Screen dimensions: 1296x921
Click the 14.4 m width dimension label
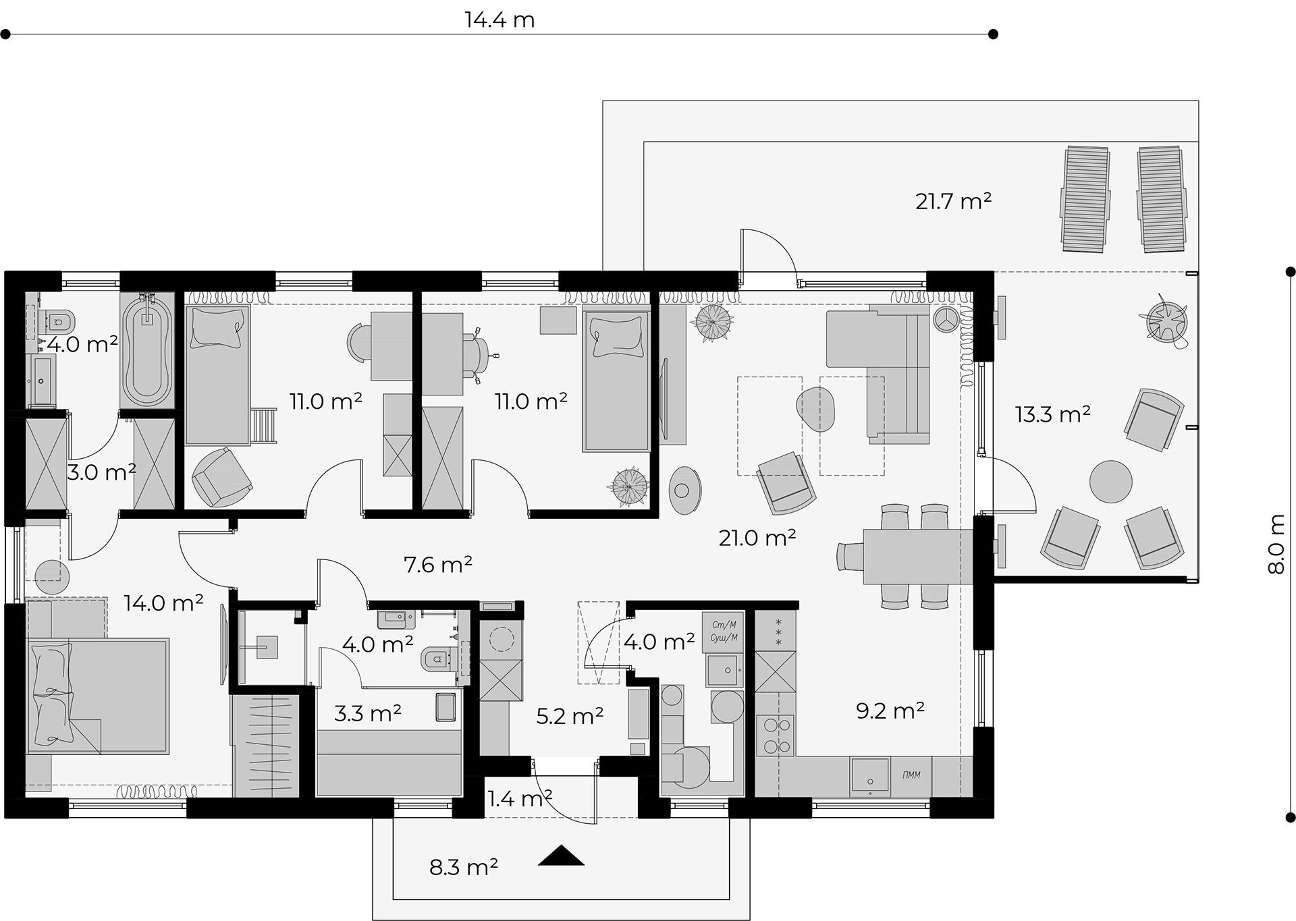(x=500, y=20)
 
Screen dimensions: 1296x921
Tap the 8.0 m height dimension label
(x=1276, y=545)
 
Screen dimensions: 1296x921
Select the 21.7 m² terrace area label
(x=953, y=201)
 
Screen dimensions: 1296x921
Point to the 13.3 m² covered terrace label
(x=1052, y=414)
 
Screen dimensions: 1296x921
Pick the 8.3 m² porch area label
(x=464, y=866)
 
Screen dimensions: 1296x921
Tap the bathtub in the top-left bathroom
(x=147, y=350)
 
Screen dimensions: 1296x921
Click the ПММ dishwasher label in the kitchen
(x=911, y=775)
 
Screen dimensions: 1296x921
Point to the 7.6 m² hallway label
(x=437, y=564)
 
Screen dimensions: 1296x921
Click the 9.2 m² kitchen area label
(x=890, y=710)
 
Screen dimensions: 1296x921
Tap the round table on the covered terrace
(x=1111, y=481)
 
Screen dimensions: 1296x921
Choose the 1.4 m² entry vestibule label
(x=520, y=799)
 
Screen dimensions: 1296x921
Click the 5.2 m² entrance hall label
(x=570, y=716)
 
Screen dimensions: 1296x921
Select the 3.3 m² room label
(x=368, y=713)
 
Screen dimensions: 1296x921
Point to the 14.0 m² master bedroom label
(x=163, y=603)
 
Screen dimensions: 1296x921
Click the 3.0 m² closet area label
(x=101, y=472)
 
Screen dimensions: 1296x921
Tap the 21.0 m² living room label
(x=757, y=538)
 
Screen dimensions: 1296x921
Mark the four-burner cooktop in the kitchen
(x=775, y=735)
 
